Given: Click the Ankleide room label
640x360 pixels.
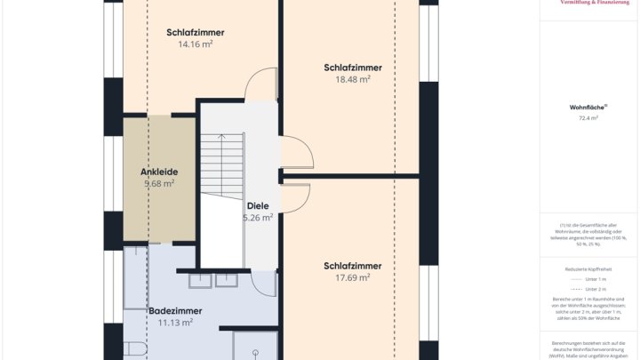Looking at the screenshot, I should click(x=159, y=172).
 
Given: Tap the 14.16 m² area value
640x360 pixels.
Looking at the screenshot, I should click(x=195, y=44).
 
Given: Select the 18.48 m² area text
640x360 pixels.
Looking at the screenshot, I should click(x=353, y=79).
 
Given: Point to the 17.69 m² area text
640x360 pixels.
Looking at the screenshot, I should click(x=353, y=277).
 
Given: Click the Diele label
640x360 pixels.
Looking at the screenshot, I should click(x=258, y=205).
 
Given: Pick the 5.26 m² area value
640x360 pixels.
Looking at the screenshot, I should click(x=258, y=217).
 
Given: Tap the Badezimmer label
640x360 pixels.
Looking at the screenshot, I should click(x=175, y=311).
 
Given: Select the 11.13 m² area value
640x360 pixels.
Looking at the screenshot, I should click(x=175, y=323).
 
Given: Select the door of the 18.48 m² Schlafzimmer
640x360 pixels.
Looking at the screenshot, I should click(x=298, y=152).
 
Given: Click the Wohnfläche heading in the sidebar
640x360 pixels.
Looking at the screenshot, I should click(x=588, y=107).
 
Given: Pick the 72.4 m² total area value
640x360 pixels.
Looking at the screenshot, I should click(x=588, y=117).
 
